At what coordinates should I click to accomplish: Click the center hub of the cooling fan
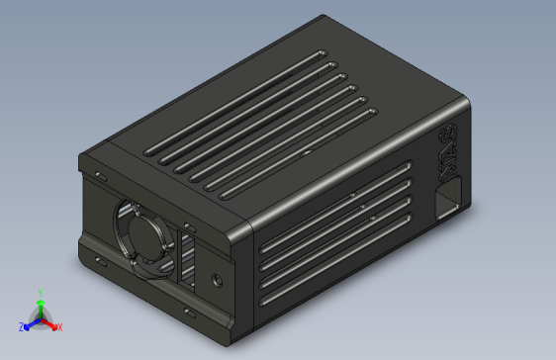click(x=144, y=234)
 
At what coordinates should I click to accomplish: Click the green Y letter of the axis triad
click(x=39, y=294)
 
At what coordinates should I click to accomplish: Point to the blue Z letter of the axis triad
click(x=21, y=326)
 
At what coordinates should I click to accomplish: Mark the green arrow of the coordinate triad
click(x=39, y=307)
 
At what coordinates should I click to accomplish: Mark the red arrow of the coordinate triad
click(x=48, y=322)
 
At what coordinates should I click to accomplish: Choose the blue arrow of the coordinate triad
click(x=31, y=322)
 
